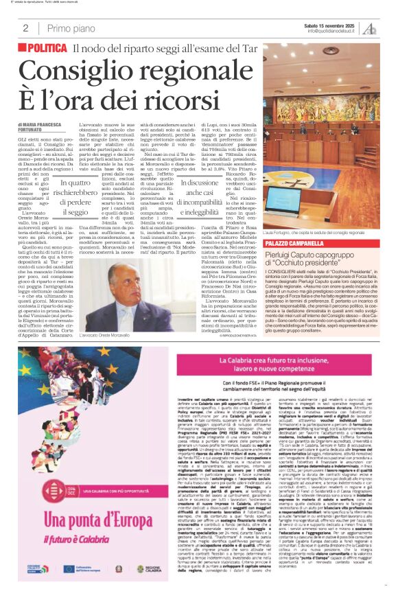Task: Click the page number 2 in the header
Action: tap(25, 28)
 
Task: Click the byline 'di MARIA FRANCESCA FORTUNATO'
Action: tap(45, 126)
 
